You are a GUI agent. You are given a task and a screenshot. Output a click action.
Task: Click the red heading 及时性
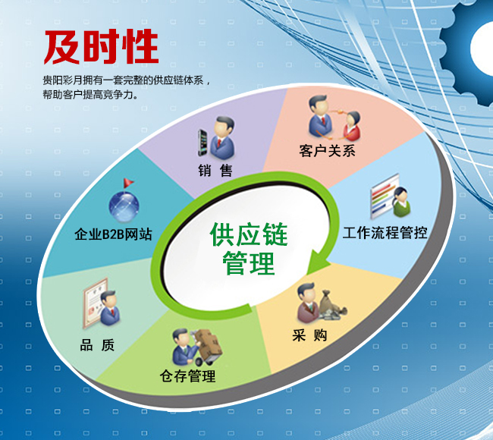click(101, 46)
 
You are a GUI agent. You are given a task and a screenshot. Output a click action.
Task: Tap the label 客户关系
click(327, 150)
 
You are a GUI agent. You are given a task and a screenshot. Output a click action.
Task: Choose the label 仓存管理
click(187, 376)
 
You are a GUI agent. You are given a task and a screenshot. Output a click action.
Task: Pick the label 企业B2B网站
click(114, 234)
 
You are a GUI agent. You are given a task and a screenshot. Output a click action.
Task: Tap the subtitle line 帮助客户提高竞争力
click(90, 96)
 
